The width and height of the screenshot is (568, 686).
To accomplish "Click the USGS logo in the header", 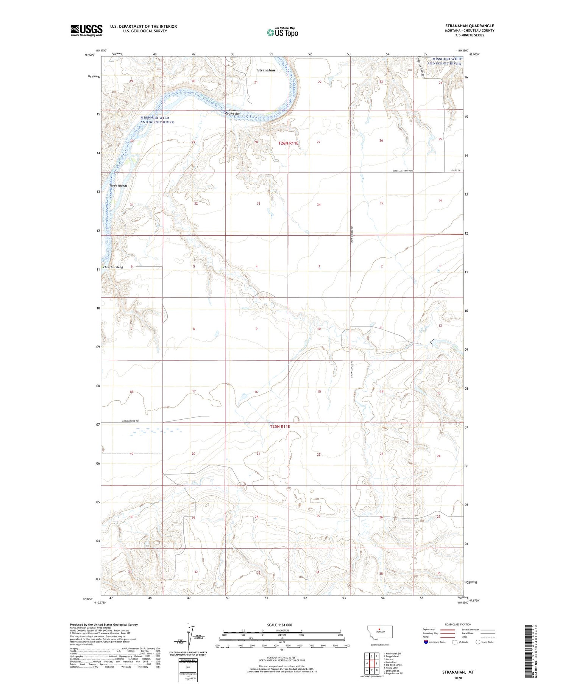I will [86, 30].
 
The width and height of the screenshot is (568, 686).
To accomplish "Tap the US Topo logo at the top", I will [282, 33].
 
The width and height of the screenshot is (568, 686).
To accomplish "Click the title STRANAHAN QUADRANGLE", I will [470, 26].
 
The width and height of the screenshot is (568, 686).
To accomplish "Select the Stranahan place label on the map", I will [266, 70].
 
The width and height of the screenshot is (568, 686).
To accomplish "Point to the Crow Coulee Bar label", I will [233, 112].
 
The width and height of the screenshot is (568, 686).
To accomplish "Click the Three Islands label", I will [118, 186].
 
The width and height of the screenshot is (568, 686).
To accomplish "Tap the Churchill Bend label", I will [113, 267].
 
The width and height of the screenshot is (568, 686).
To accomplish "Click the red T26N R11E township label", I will [288, 143].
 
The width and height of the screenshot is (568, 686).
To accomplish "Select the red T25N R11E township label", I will [280, 426].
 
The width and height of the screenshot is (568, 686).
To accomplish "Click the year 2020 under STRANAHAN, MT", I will [458, 676].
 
